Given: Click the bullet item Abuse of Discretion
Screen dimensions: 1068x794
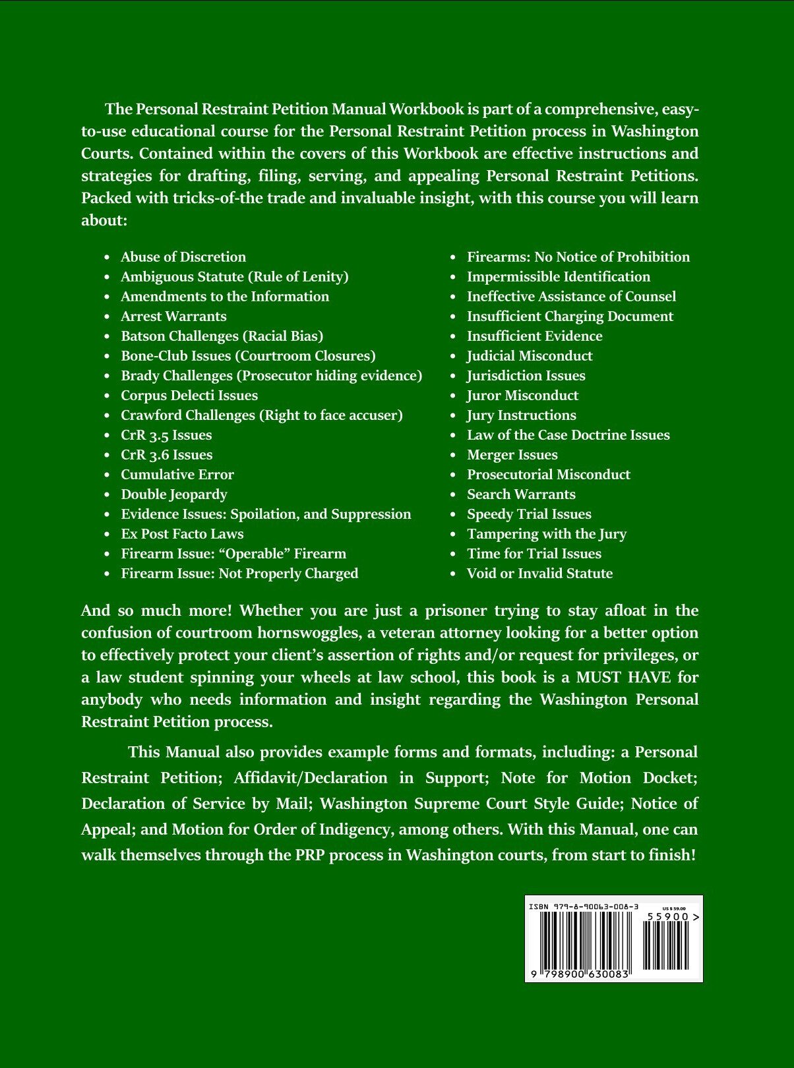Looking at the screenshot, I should click(x=183, y=257).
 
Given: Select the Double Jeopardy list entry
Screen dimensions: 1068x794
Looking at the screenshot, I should click(x=173, y=494).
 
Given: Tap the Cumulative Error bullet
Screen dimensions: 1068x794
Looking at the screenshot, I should click(x=177, y=475).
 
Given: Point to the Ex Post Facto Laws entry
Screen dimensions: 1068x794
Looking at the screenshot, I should click(x=182, y=534).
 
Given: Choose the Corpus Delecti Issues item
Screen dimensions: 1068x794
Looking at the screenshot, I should click(x=189, y=396).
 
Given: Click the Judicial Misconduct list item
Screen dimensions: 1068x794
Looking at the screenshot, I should click(x=530, y=356).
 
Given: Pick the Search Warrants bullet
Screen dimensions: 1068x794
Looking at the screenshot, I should click(x=521, y=494).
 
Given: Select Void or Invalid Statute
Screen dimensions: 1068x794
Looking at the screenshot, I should click(x=539, y=574).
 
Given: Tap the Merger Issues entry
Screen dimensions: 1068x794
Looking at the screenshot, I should click(x=512, y=455).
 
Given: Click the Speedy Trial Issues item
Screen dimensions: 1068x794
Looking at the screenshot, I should click(x=529, y=514).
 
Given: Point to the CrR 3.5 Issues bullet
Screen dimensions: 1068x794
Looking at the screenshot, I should click(x=166, y=435).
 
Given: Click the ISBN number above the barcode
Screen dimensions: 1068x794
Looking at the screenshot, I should click(x=584, y=907).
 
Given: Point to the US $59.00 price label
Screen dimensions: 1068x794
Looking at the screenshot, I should click(x=673, y=908).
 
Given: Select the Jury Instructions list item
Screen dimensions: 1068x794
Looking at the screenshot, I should click(x=521, y=415).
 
